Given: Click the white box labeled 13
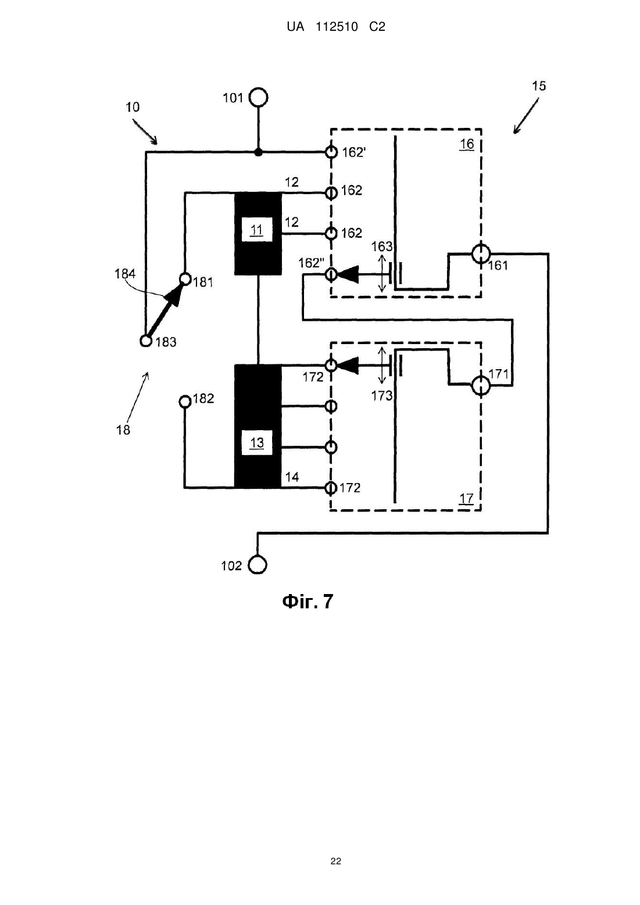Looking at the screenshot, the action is pos(258,443).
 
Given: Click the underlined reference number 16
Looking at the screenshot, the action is pos(467,144).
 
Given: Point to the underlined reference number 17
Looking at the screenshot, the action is pos(466,498).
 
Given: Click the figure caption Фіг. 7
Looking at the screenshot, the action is pos(308,601).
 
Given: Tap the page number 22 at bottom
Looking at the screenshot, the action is pos(336,861).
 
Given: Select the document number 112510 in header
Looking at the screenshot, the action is pos(337,27).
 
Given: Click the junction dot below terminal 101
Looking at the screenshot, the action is pos(259,152).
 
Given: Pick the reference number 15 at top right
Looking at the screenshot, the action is pos(539,85).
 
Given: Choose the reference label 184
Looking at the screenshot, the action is pos(125,274).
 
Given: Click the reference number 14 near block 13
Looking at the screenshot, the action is pos(292,477).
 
